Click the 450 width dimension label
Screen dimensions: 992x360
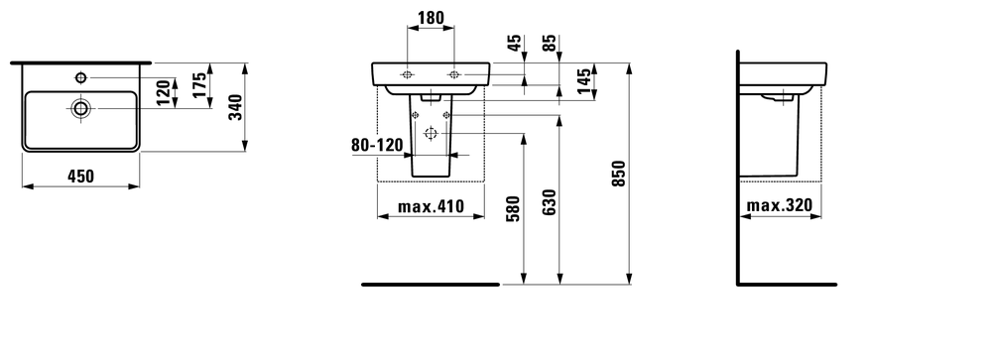[81, 176]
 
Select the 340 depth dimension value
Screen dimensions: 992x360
[235, 107]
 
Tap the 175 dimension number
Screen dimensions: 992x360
[200, 84]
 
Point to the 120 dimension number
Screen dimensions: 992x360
[164, 92]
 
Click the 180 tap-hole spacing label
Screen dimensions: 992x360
[431, 18]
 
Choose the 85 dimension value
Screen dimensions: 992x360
[550, 43]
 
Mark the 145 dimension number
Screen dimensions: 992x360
[584, 81]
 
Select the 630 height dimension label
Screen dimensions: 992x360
[550, 202]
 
